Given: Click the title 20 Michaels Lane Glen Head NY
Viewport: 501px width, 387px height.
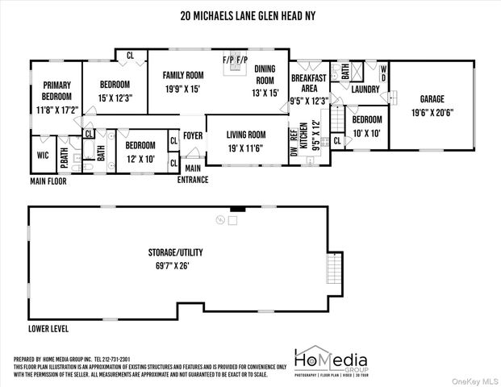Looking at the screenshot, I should [x=250, y=14].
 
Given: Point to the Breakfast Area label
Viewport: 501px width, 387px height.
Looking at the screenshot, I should [x=309, y=83].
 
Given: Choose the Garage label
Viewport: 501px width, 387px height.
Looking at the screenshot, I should [x=431, y=99].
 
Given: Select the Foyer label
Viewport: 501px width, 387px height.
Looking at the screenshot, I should [x=192, y=135].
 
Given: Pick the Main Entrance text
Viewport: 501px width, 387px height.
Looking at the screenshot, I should [x=193, y=173].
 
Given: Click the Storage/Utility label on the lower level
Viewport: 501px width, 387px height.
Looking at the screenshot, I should [x=168, y=252].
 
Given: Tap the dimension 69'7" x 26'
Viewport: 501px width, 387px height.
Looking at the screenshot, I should [x=168, y=265].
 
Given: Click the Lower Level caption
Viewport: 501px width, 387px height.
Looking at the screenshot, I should [x=48, y=329].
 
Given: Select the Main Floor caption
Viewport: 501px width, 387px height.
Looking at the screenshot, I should [x=48, y=181].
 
